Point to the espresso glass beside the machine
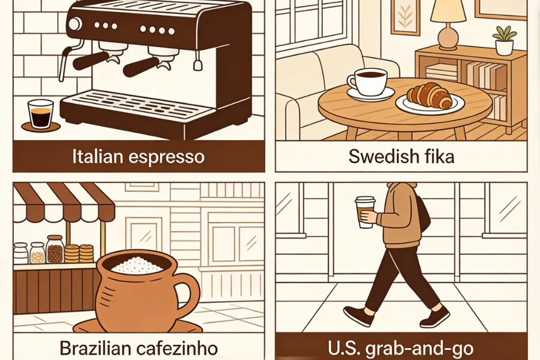point(41,114)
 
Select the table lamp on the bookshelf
point(447,21)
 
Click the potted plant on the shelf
point(504,39)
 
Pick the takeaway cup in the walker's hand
point(364,212)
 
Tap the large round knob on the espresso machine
point(75,25)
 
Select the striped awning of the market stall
point(63,201)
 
